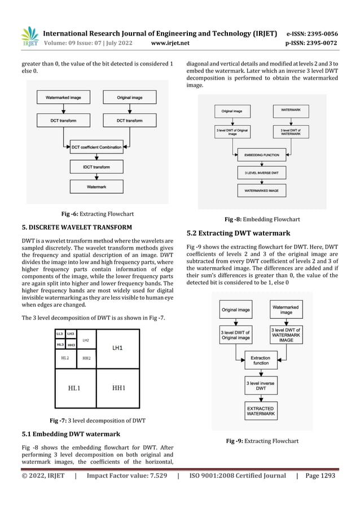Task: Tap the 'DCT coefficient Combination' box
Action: pyautogui.click(x=98, y=148)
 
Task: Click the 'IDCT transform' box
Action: pyautogui.click(x=98, y=167)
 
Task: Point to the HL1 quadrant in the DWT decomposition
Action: pyautogui.click(x=75, y=388)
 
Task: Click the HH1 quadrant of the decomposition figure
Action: pyautogui.click(x=118, y=388)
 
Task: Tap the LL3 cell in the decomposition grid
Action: pyautogui.click(x=60, y=334)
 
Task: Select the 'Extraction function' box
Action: pyautogui.click(x=261, y=361)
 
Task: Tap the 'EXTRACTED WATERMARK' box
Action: pyautogui.click(x=261, y=411)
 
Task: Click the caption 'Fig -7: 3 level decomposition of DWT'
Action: pyautogui.click(x=98, y=420)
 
